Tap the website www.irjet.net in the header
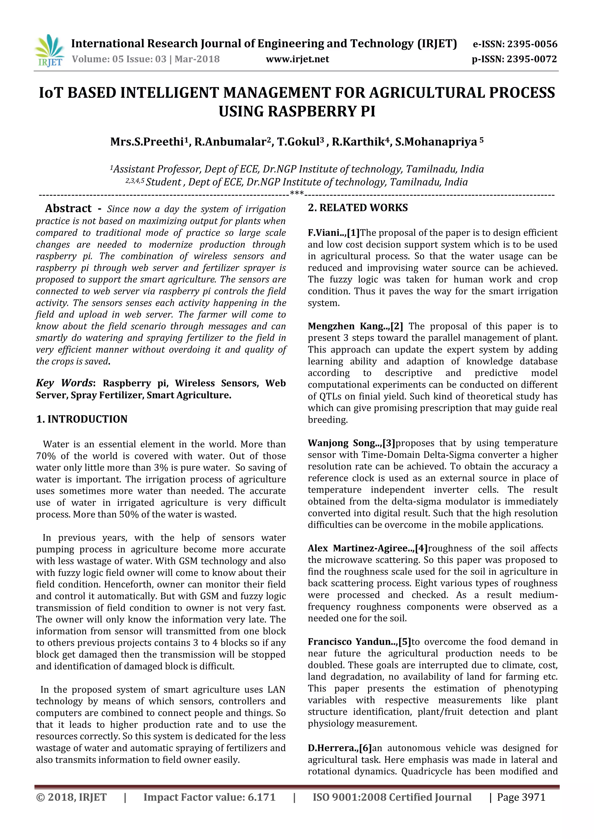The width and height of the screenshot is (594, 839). [x=297, y=59]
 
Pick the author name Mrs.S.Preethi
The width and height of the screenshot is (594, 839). [x=148, y=142]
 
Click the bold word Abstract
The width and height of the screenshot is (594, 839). [x=68, y=209]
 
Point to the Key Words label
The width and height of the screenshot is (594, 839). [x=64, y=383]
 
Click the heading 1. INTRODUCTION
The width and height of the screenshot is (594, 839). [x=82, y=419]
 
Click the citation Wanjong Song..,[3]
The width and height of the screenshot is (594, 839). [x=351, y=443]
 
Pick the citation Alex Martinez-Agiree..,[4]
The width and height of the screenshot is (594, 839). [x=367, y=548]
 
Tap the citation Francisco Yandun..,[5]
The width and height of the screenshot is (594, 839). [x=359, y=642]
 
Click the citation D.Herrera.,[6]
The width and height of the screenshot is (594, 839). [x=339, y=748]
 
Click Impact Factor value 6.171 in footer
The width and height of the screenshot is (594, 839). [x=209, y=797]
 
